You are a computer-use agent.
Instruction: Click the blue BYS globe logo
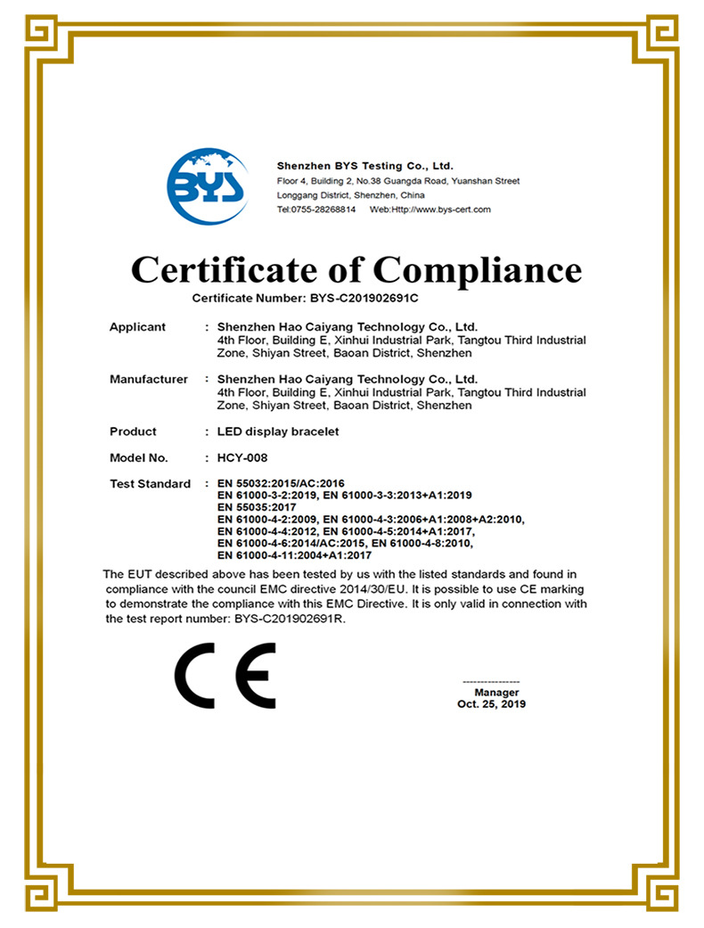click(x=208, y=187)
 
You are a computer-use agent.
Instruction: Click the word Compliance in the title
click(x=477, y=269)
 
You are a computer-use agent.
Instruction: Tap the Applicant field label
click(x=137, y=327)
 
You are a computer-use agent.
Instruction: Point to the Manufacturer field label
click(x=149, y=380)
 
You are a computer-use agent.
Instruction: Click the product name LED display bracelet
click(x=278, y=431)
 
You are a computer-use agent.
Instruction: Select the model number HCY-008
click(x=243, y=458)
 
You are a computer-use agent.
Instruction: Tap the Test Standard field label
click(x=150, y=484)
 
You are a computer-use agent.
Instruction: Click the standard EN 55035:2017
click(x=259, y=507)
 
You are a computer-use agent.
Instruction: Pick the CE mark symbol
click(x=225, y=674)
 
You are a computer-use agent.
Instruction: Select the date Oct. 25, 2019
click(x=492, y=704)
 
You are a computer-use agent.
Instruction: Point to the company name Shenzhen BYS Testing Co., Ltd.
click(x=365, y=166)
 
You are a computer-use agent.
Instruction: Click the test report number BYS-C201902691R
click(x=290, y=619)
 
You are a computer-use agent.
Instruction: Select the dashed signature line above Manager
click(x=492, y=682)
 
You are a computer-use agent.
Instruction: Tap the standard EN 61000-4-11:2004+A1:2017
click(x=294, y=554)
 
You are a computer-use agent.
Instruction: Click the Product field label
click(x=133, y=431)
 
